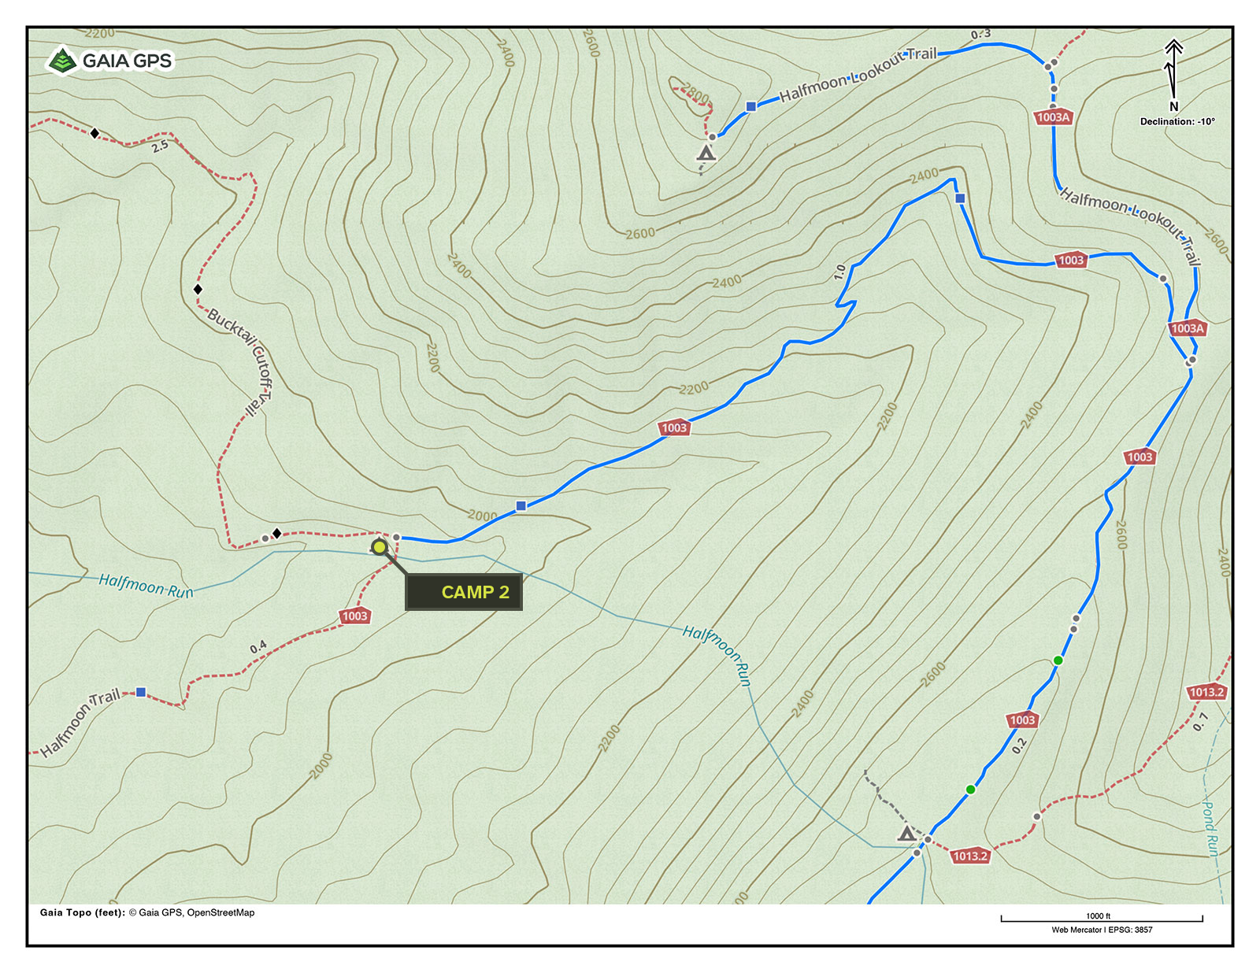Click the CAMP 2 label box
click(x=463, y=592)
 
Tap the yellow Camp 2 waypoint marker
click(x=380, y=546)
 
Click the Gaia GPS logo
click(x=110, y=61)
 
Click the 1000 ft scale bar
click(x=1101, y=918)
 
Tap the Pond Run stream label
click(x=1210, y=827)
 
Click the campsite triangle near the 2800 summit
click(x=706, y=154)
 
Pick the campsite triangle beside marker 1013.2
click(x=906, y=833)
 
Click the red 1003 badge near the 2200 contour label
click(x=674, y=428)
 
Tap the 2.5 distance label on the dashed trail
click(x=160, y=146)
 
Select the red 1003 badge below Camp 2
click(x=354, y=616)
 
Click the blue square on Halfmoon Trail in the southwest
click(x=141, y=692)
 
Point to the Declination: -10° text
click(x=1177, y=121)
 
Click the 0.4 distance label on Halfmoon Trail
click(x=258, y=647)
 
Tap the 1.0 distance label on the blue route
click(x=839, y=272)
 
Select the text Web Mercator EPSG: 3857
click(x=1101, y=930)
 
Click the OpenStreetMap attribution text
click(x=220, y=912)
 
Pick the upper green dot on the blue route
click(x=1058, y=660)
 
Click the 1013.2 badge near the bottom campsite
click(x=969, y=856)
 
